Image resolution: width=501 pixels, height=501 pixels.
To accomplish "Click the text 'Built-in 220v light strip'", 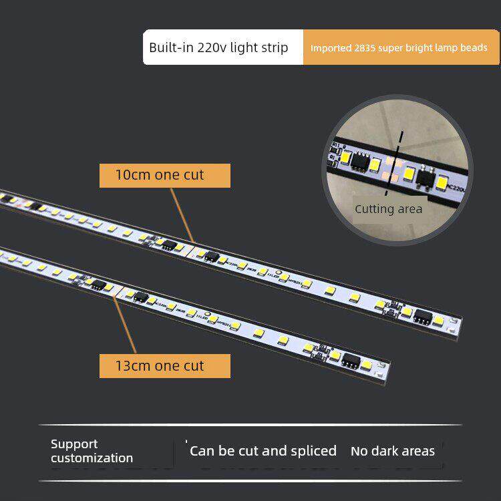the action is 218,47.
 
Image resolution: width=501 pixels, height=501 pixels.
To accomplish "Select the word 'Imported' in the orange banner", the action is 327,48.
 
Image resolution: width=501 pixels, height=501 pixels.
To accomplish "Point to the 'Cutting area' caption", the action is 388,209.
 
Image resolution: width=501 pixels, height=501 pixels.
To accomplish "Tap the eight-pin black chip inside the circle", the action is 361,159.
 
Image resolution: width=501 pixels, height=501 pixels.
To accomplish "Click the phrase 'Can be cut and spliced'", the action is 263,451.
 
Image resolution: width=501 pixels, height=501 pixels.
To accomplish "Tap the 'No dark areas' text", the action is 392,451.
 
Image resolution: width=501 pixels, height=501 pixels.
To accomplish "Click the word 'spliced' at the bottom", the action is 314,451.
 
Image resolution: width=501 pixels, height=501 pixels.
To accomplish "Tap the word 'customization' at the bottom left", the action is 92,458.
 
